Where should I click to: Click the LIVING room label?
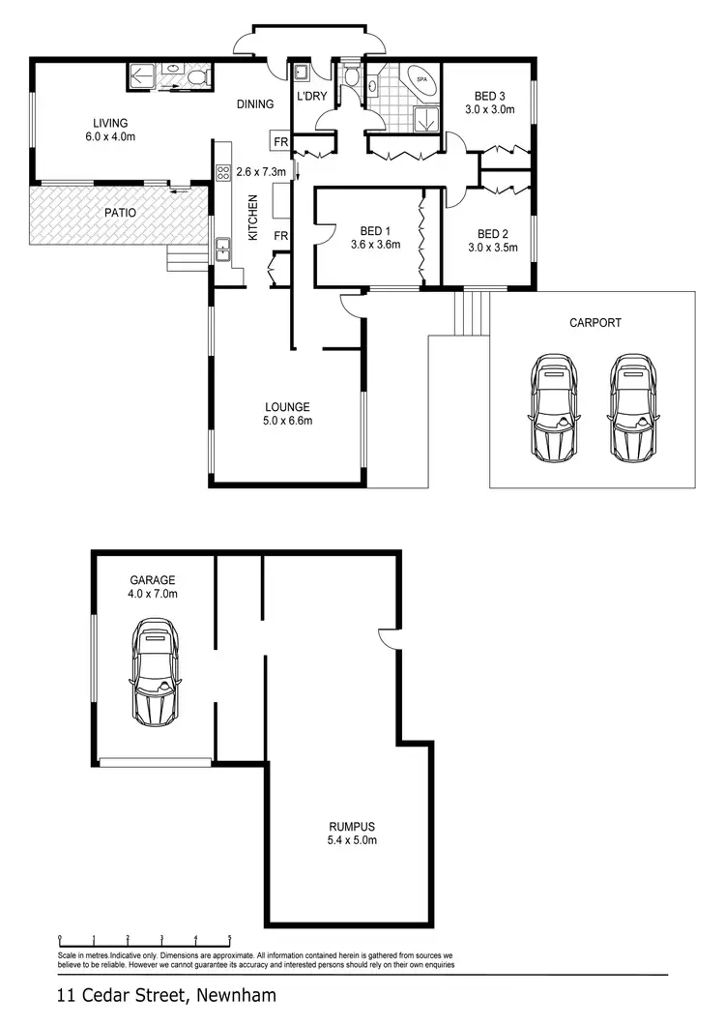click(110, 123)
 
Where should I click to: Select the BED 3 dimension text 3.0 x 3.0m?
click(490, 110)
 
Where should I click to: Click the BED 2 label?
click(492, 234)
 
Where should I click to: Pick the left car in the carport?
click(553, 406)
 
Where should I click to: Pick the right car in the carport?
click(632, 406)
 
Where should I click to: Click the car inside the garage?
click(156, 673)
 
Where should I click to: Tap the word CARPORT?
click(595, 323)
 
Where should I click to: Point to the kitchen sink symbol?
click(222, 249)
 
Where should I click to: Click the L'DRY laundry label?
click(312, 96)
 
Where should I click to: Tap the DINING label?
click(255, 104)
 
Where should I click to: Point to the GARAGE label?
click(154, 580)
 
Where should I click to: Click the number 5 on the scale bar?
click(230, 938)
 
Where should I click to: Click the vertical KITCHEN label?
click(254, 217)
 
